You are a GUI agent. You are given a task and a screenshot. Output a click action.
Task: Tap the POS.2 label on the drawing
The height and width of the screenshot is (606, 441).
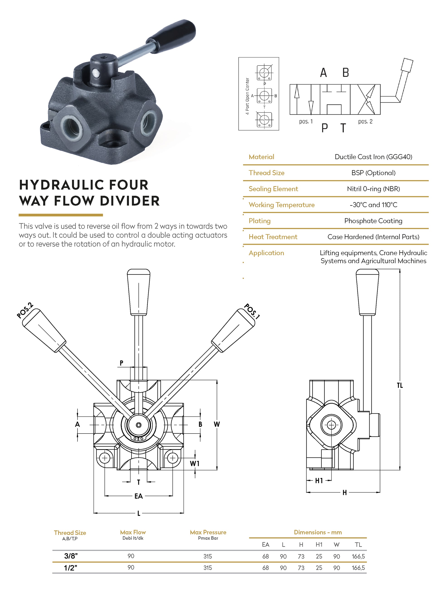(25, 310)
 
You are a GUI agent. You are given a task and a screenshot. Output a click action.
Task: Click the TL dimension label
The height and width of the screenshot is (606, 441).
(400, 385)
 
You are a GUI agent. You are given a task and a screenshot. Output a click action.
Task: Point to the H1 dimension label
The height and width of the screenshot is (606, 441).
(319, 481)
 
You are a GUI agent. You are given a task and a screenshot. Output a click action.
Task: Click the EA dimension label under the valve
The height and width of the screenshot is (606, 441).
(138, 496)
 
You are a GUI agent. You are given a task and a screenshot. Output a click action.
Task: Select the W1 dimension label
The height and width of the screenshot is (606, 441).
(195, 464)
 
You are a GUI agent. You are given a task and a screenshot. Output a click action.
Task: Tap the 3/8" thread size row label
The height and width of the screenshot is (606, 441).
(71, 556)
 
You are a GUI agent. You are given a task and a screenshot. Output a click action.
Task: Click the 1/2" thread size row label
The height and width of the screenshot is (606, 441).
(70, 568)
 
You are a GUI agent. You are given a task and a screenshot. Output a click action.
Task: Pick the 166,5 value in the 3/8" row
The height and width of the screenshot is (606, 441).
(358, 556)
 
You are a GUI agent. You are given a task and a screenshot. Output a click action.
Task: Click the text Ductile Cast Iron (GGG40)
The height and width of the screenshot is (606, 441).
(373, 157)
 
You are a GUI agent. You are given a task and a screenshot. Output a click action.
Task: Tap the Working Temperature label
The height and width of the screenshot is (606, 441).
(281, 205)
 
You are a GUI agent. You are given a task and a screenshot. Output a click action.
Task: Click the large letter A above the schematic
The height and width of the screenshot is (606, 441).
(323, 73)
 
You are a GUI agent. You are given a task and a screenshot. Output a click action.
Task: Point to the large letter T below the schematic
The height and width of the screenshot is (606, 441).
(343, 128)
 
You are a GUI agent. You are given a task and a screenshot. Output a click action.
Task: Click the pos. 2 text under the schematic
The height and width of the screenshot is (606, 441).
(365, 121)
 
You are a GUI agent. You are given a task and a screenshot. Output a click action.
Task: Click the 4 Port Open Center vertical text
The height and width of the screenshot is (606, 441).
(247, 96)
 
